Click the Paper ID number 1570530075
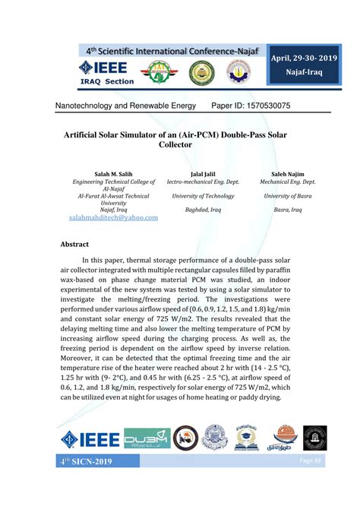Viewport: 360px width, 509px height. pos(262,105)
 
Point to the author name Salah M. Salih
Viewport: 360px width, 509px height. pos(112,174)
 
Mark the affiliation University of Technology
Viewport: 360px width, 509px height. pos(203,196)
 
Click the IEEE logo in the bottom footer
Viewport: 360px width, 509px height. pos(90,438)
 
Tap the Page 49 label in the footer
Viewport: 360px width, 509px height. pos(311,461)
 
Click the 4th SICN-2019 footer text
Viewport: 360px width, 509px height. pos(87,462)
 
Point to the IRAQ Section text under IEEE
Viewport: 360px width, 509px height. pos(106,82)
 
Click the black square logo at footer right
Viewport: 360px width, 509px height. pos(314,438)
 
